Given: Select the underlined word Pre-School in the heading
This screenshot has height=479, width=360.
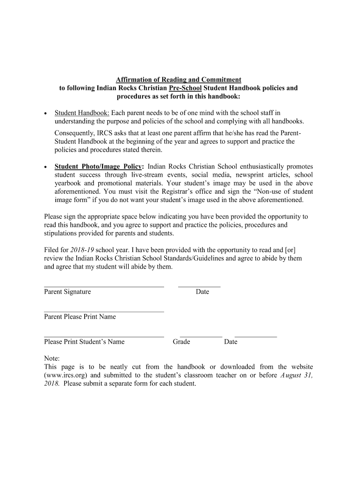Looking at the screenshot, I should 185,88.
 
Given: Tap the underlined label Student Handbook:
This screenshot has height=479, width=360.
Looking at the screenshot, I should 82,113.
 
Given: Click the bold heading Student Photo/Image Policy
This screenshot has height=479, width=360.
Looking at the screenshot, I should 98,167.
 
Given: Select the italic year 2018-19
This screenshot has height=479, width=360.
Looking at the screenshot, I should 83,250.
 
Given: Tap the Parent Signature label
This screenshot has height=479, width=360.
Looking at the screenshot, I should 67,292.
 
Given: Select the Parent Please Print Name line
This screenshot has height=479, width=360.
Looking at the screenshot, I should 104,311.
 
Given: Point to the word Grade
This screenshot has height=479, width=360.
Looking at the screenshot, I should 181,342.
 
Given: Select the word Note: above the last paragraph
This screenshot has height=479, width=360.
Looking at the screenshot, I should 52,358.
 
